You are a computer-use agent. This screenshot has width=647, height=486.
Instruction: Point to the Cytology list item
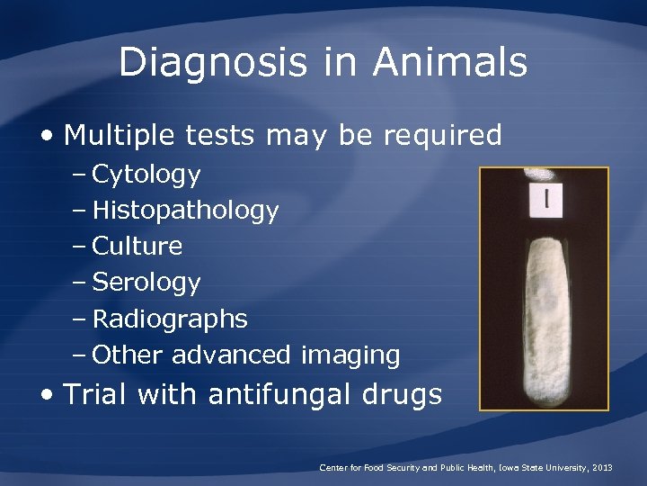pyautogui.click(x=146, y=175)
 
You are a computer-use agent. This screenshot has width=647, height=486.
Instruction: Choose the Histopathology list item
pyautogui.click(x=185, y=211)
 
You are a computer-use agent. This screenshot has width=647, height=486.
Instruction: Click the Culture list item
pyautogui.click(x=137, y=247)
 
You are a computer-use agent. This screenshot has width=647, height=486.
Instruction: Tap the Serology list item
pyautogui.click(x=146, y=283)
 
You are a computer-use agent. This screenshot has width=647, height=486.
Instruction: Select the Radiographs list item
pyautogui.click(x=170, y=319)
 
